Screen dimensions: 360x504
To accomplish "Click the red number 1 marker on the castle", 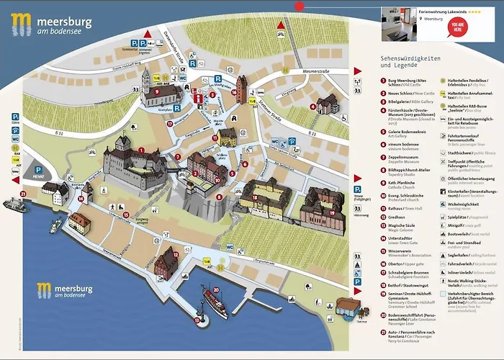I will coord(142,151).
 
